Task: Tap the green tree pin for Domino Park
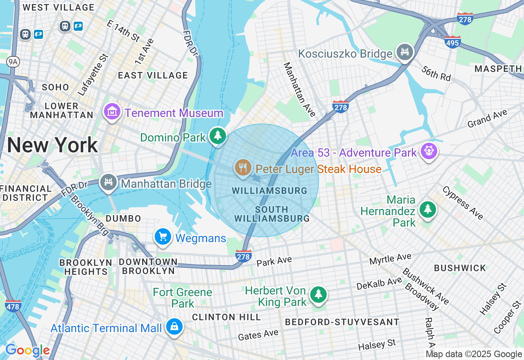click(x=218, y=135)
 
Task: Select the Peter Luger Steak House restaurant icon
click(x=243, y=168)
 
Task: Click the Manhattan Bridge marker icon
click(x=108, y=182)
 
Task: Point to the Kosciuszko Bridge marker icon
click(x=405, y=52)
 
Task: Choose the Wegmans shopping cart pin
click(x=163, y=236)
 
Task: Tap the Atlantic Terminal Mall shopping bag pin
click(x=175, y=327)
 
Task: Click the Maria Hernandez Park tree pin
click(x=428, y=209)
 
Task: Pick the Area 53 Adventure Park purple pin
click(x=429, y=151)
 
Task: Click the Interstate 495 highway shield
click(x=452, y=42)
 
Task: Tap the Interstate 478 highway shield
click(x=13, y=306)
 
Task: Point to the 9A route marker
click(x=13, y=62)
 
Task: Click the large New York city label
click(x=52, y=145)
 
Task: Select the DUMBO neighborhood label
click(x=123, y=218)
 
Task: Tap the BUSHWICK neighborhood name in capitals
click(x=460, y=268)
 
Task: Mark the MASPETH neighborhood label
click(x=498, y=69)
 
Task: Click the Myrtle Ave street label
click(x=390, y=259)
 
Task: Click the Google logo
click(x=27, y=351)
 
